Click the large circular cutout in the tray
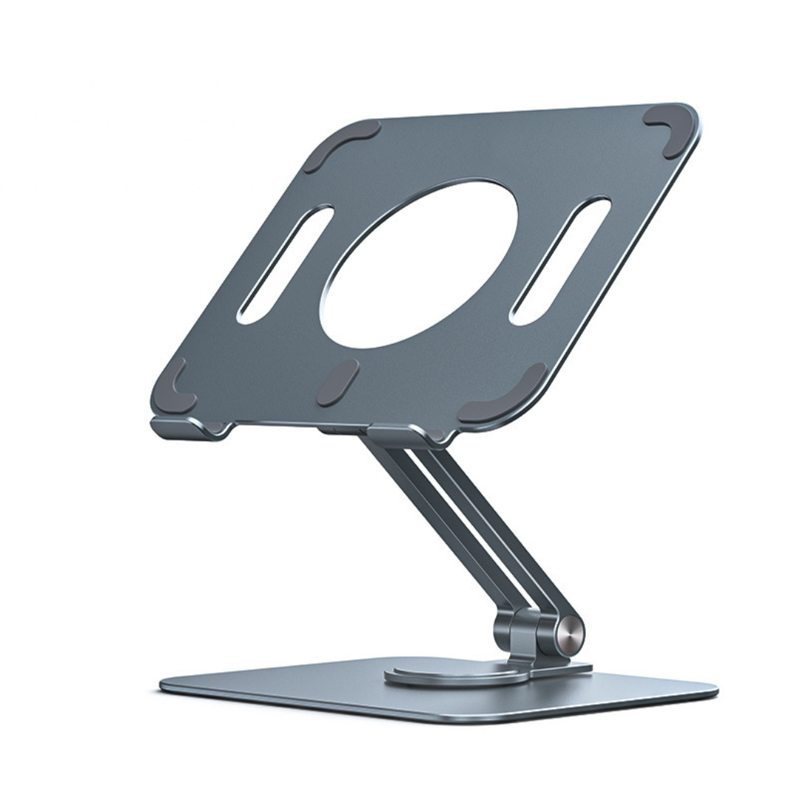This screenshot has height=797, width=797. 418,263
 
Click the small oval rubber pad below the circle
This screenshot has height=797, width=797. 338,382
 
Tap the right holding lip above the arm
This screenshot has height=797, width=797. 402,435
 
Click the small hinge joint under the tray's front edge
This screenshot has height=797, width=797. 336,428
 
